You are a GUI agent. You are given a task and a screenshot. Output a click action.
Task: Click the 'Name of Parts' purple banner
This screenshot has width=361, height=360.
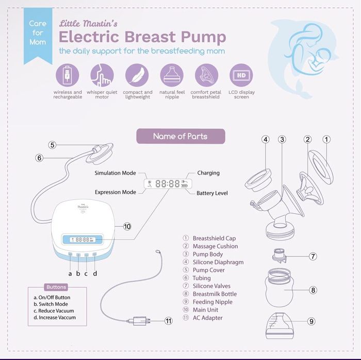180,136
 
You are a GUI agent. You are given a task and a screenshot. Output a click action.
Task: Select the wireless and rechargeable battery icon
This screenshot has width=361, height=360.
67,75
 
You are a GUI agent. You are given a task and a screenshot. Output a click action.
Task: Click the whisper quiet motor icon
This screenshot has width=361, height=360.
102,75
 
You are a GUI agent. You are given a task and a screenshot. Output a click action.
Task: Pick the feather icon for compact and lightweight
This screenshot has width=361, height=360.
137,75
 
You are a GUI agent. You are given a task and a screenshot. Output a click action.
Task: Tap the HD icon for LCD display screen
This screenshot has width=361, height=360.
241,75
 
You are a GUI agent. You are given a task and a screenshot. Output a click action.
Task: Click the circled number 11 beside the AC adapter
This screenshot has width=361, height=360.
168,320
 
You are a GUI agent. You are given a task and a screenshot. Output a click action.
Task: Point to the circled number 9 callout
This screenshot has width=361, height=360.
311,321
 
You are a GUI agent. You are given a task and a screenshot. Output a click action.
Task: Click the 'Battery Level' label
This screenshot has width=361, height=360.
212,193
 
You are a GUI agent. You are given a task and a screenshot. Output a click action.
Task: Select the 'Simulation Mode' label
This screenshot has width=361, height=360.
115,173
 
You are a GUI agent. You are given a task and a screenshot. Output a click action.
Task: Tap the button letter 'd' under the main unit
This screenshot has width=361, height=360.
95,273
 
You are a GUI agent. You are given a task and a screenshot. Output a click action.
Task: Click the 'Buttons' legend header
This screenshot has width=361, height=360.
56,287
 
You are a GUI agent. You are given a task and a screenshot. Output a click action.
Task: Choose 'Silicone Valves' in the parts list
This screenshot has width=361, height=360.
211,286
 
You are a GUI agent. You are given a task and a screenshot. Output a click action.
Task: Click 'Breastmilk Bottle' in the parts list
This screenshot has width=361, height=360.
215,294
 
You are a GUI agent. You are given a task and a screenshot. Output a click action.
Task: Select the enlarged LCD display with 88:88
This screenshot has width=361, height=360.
167,183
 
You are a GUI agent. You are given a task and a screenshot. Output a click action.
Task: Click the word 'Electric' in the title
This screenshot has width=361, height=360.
90,37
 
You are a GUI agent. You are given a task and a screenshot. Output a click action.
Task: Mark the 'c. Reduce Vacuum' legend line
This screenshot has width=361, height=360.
54,311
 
